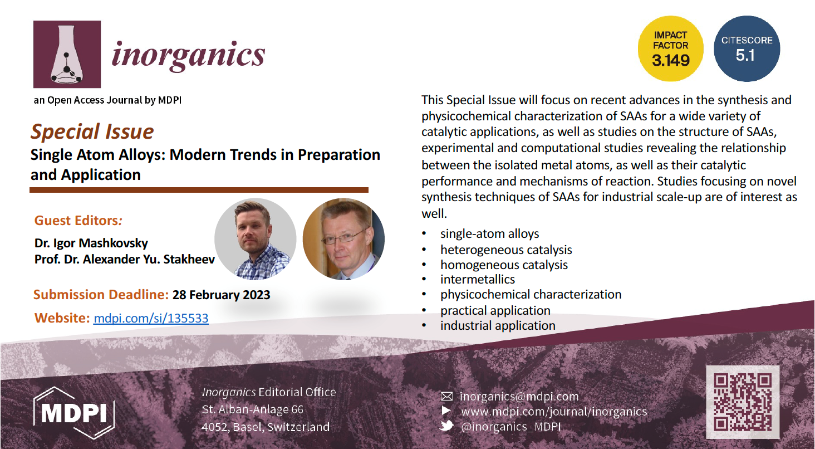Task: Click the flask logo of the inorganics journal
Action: pos(67,54)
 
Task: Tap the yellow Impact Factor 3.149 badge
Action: pos(671,49)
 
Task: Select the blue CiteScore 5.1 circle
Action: pos(747,49)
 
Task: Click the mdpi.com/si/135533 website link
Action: pos(151,318)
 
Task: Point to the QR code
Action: pos(743,402)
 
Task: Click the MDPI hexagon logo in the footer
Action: pos(74,413)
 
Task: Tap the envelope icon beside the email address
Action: pos(447,396)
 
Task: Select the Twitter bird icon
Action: pos(446,426)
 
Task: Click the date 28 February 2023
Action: pos(221,295)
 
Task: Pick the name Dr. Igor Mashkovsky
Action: pos(91,243)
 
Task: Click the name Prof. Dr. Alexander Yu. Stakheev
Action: pos(125,259)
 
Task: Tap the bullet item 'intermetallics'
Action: pos(478,279)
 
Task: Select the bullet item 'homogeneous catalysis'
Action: pos(504,265)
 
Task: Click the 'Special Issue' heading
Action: pos(92,131)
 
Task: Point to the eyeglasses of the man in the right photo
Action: pos(345,237)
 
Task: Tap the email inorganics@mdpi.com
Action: pos(519,396)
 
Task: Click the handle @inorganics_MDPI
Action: pos(511,426)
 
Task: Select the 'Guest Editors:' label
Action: pos(78,221)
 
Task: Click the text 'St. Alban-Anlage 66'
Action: pos(253,409)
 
